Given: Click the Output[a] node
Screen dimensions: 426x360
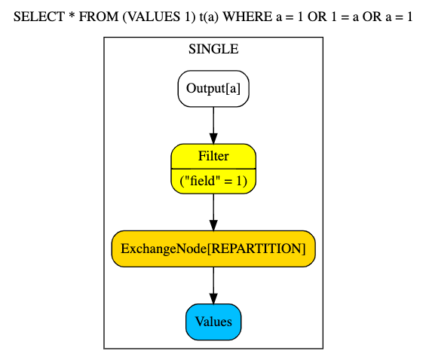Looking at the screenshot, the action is tap(213, 89).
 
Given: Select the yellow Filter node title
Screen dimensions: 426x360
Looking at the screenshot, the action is tap(213, 156).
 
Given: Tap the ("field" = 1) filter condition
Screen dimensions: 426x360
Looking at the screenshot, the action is tap(213, 181).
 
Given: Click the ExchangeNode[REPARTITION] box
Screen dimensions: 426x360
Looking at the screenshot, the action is tap(213, 249).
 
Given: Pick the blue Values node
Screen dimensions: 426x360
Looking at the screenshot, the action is tap(213, 322).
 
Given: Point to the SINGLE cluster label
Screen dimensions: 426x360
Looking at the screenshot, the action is tap(213, 49).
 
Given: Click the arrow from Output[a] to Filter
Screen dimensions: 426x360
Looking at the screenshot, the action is tap(213, 125).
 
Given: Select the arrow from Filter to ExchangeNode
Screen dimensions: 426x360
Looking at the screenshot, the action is tap(213, 212).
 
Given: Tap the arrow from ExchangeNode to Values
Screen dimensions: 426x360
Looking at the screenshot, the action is tap(213, 285).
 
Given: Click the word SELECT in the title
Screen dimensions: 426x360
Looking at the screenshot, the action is tap(39, 17).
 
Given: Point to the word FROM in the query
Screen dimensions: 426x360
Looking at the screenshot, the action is tap(99, 17).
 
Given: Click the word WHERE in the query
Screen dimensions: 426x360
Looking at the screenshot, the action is tap(247, 17).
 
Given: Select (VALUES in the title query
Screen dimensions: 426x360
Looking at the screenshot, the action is tap(151, 17).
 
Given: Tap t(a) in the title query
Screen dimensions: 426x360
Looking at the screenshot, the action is tap(209, 17).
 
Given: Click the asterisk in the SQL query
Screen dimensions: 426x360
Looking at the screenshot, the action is tap(72, 15).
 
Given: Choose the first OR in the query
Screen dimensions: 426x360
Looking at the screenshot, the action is tap(317, 17).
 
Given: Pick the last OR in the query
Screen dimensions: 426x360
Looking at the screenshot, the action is tap(372, 17).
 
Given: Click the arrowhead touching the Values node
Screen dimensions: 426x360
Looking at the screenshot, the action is tap(213, 299).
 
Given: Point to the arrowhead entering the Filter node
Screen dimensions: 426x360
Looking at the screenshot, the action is tap(213, 139).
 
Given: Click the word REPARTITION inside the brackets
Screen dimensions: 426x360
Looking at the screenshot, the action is tap(256, 249).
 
